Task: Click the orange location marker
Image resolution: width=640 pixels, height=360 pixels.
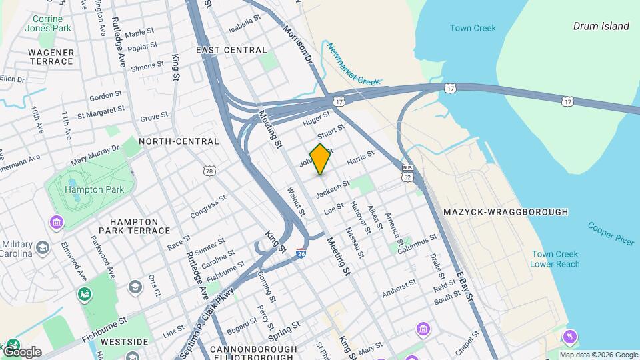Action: (x=321, y=159)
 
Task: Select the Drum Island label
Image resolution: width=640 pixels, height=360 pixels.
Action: (x=601, y=26)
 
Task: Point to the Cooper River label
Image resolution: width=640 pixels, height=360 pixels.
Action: (x=611, y=233)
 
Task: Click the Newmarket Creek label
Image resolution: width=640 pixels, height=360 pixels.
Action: (x=353, y=64)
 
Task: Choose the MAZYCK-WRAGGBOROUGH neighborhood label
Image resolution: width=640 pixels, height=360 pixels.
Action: (x=505, y=212)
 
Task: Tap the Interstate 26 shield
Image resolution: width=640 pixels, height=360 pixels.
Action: (x=301, y=253)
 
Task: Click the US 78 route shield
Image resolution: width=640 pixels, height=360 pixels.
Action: (x=210, y=171)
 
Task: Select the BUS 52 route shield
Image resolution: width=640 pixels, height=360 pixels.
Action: (x=407, y=173)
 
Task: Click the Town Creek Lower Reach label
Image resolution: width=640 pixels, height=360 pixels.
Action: (x=555, y=259)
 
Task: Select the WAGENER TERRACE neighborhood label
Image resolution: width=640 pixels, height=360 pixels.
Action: (x=51, y=57)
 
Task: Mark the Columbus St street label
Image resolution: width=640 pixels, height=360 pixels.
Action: (x=417, y=244)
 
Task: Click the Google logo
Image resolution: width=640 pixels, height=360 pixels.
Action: (x=22, y=352)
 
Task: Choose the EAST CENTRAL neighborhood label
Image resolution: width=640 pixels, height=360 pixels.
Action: (x=231, y=50)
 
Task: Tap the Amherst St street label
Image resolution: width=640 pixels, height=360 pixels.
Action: (x=399, y=288)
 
